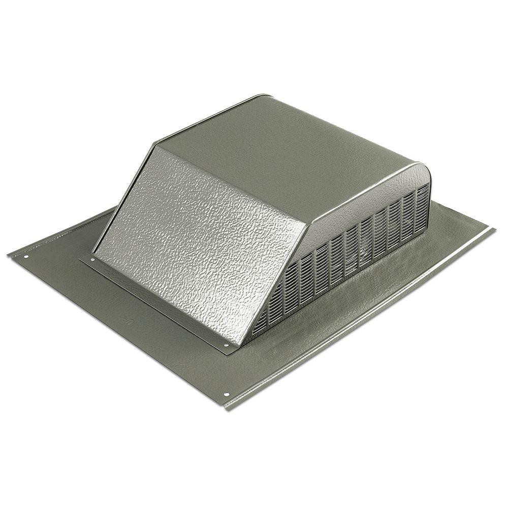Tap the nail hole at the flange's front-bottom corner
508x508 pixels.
pos(227,395)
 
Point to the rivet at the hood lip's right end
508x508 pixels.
pos(226,345)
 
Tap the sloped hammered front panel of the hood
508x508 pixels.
pos(198,239)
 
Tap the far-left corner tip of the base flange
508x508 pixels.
pos(9,254)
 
